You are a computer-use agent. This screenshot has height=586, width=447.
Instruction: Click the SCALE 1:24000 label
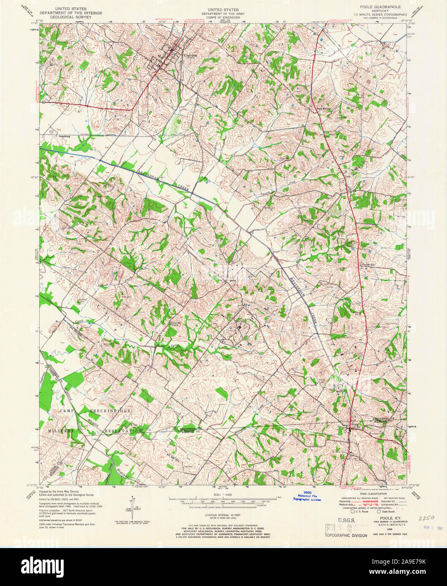223,495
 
